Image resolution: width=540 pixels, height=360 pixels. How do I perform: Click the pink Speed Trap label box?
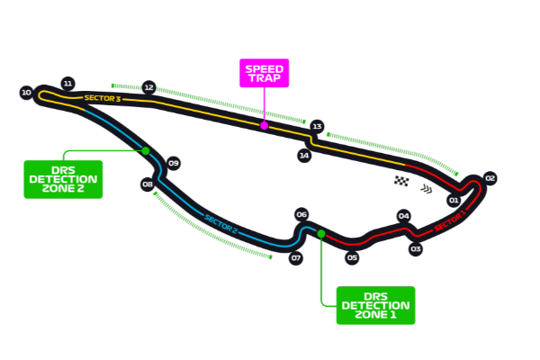(x=264, y=73)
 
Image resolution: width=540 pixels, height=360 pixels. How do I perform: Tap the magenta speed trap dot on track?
(x=264, y=126)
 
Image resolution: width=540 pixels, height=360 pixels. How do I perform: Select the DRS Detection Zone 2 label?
(x=63, y=179)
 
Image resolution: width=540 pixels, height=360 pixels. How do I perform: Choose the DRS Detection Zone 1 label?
(x=375, y=305)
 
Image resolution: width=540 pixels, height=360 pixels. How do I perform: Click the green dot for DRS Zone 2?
(x=145, y=150)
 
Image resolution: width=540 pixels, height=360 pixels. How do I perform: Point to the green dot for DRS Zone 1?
(x=321, y=233)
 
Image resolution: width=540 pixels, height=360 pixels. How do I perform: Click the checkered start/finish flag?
(x=401, y=181)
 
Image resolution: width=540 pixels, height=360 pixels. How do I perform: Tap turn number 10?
(x=26, y=93)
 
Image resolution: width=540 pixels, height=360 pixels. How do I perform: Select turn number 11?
(x=67, y=83)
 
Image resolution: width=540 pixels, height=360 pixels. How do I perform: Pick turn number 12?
(x=148, y=88)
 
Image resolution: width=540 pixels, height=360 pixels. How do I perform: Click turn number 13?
(x=317, y=127)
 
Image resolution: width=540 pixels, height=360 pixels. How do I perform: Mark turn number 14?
(x=304, y=156)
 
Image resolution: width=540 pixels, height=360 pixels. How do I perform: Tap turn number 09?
(x=174, y=163)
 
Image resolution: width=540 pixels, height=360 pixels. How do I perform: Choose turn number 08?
(x=148, y=184)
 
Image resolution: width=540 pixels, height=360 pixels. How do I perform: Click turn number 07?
(x=296, y=258)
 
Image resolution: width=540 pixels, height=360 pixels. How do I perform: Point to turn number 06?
(x=301, y=214)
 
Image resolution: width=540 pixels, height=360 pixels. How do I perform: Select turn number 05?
(x=352, y=258)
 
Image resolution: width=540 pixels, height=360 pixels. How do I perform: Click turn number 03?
(x=416, y=248)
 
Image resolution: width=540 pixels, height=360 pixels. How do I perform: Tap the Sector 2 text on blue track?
(x=220, y=223)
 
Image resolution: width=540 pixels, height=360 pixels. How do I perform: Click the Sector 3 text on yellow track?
(x=102, y=97)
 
